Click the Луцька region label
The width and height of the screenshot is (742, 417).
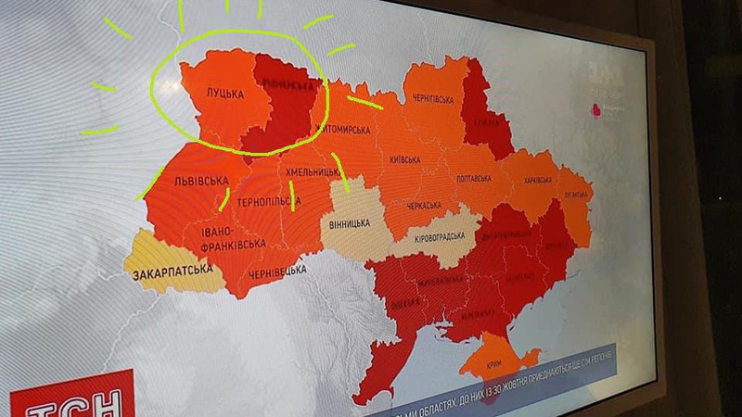point(224,95)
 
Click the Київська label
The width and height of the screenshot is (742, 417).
point(406,159)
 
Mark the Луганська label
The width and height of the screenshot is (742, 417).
point(572,196)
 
